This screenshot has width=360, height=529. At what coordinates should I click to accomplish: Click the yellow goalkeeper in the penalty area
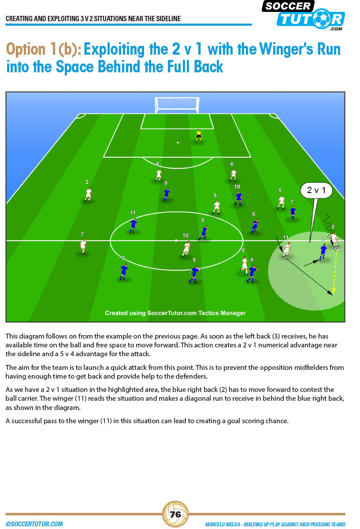pos(199,136)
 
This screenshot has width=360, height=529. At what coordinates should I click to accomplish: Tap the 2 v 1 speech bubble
pos(316,190)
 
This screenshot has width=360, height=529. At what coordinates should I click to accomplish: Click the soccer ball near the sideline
pos(336,249)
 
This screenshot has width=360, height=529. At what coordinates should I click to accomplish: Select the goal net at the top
pos(177,104)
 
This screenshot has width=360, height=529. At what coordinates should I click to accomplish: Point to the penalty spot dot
pos(178,142)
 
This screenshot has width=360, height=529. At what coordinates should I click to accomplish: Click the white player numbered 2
pos(89,194)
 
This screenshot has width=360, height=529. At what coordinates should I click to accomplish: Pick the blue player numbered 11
pos(133,226)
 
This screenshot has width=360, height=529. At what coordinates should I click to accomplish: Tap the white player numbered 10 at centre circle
pos(186,249)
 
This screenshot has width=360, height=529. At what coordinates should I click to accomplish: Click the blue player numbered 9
pos(166,194)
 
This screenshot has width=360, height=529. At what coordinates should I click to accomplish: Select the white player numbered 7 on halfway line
pos(83,246)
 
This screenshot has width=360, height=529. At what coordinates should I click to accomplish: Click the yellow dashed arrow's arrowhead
pos(334,291)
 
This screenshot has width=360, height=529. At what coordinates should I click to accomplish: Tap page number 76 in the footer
pos(175,514)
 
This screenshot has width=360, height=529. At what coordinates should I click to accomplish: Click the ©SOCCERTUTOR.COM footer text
pos(34,524)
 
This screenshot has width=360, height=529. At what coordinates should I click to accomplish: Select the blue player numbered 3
pos(123,272)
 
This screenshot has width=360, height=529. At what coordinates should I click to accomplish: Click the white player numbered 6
pos(233,175)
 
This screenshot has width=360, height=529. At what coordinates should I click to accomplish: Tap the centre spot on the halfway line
pos(176,241)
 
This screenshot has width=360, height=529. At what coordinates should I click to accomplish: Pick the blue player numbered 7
pos(293,212)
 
